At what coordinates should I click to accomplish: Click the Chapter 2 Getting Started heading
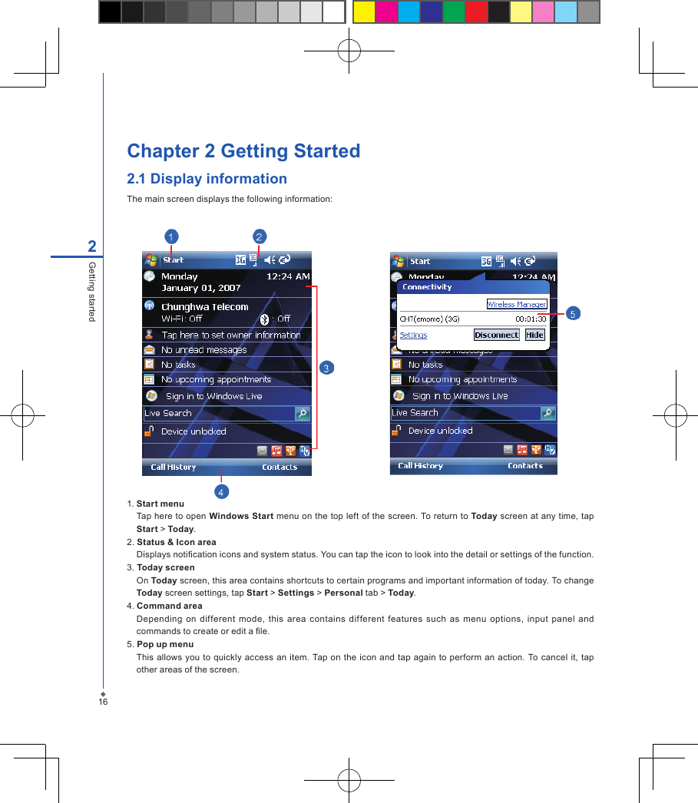click(243, 151)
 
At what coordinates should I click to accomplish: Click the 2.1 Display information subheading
click(207, 179)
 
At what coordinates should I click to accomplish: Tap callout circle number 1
click(172, 236)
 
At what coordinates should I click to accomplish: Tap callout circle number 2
click(260, 236)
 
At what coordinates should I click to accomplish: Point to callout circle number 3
click(326, 368)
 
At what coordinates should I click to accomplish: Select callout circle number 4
click(221, 491)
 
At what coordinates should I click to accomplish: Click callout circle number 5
click(573, 313)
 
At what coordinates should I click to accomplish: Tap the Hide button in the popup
click(534, 335)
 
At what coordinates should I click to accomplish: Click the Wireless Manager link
click(517, 304)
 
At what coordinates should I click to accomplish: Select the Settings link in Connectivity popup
click(413, 335)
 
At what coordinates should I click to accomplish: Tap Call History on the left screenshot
click(173, 467)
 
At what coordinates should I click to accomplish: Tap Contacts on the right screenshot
click(525, 465)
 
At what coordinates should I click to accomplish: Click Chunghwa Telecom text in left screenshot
click(204, 306)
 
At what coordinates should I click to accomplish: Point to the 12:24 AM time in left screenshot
click(288, 276)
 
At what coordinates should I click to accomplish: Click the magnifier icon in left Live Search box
click(303, 413)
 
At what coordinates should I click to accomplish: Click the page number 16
click(102, 702)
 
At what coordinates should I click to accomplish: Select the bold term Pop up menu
click(165, 644)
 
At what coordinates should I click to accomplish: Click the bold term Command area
click(170, 606)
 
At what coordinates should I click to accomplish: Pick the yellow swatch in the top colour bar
click(364, 12)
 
